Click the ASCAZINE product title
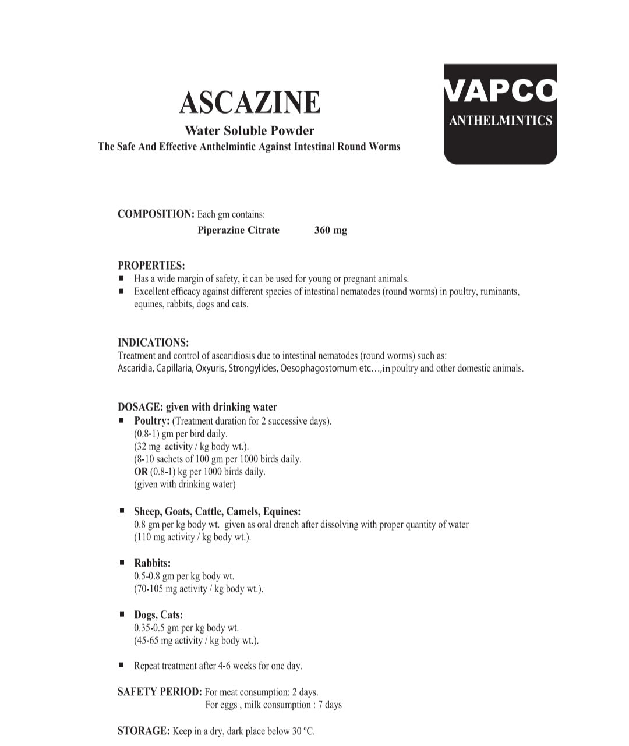[250, 102]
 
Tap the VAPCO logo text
[500, 91]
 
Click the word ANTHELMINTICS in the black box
[500, 121]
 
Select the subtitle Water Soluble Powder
[249, 130]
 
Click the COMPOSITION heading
[156, 214]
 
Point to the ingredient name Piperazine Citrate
[238, 230]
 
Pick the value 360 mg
[330, 230]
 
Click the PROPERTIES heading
[151, 266]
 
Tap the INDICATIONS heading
[153, 342]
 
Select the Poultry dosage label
[151, 420]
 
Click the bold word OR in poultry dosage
[140, 472]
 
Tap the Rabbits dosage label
[152, 563]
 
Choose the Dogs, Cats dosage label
[158, 615]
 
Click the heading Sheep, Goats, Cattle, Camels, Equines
[217, 511]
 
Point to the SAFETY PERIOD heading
[160, 692]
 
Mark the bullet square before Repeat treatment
[122, 664]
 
